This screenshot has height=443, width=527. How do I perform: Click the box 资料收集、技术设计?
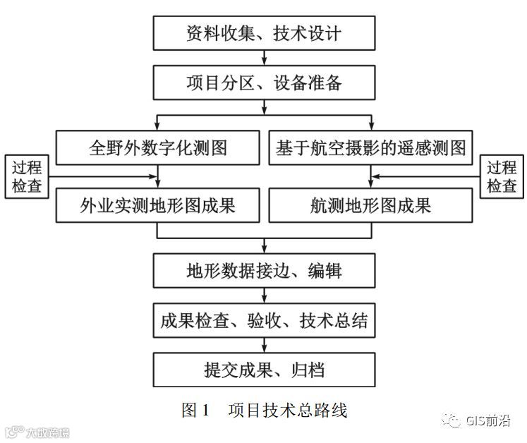click(264, 33)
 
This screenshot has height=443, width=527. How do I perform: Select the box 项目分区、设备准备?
click(264, 83)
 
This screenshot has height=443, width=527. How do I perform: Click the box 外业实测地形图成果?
click(158, 205)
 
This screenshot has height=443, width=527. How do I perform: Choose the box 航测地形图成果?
click(369, 205)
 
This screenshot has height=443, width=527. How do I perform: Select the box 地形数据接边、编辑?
click(264, 271)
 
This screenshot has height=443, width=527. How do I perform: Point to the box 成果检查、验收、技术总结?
click(264, 321)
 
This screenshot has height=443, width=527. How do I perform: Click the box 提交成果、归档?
click(264, 369)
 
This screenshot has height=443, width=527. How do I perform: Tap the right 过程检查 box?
click(502, 176)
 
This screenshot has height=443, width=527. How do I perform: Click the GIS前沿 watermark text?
click(487, 421)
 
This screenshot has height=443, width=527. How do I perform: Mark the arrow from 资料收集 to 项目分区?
click(264, 59)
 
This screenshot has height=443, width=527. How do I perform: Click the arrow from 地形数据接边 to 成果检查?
click(264, 296)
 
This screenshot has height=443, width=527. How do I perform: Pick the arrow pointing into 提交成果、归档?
click(264, 345)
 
